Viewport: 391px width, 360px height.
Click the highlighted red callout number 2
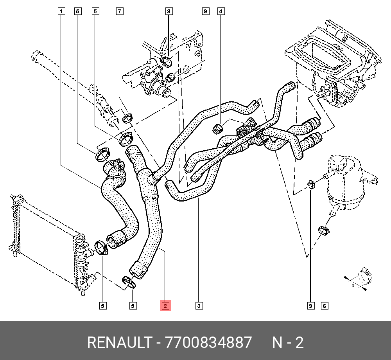[165, 306]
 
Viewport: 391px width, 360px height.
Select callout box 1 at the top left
[61, 11]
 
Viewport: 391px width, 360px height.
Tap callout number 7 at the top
[120, 11]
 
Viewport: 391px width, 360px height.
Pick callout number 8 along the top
[169, 11]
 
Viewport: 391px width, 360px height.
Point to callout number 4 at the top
[221, 11]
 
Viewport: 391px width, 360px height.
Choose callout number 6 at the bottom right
[324, 306]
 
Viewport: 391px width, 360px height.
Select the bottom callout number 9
[311, 306]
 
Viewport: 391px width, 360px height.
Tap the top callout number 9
[204, 11]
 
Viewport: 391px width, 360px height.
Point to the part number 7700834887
[209, 343]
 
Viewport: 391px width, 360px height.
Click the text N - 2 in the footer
[288, 343]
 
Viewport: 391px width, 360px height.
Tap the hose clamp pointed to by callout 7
[127, 117]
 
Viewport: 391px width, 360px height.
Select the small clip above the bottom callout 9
[311, 183]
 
